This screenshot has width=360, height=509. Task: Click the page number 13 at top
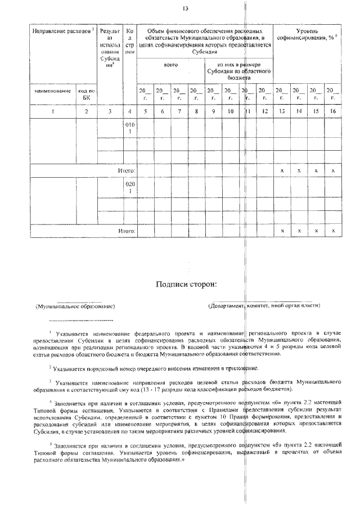185,8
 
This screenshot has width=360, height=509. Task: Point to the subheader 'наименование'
52,90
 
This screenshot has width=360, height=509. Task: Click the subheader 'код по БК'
86,93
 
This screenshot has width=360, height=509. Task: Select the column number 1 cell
52,111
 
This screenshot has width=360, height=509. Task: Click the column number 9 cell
213,111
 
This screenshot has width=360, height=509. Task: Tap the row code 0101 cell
130,128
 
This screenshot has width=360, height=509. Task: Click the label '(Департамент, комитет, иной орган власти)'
264,305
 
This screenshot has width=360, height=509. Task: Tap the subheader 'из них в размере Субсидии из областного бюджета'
238,71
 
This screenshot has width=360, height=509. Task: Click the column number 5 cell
145,111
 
